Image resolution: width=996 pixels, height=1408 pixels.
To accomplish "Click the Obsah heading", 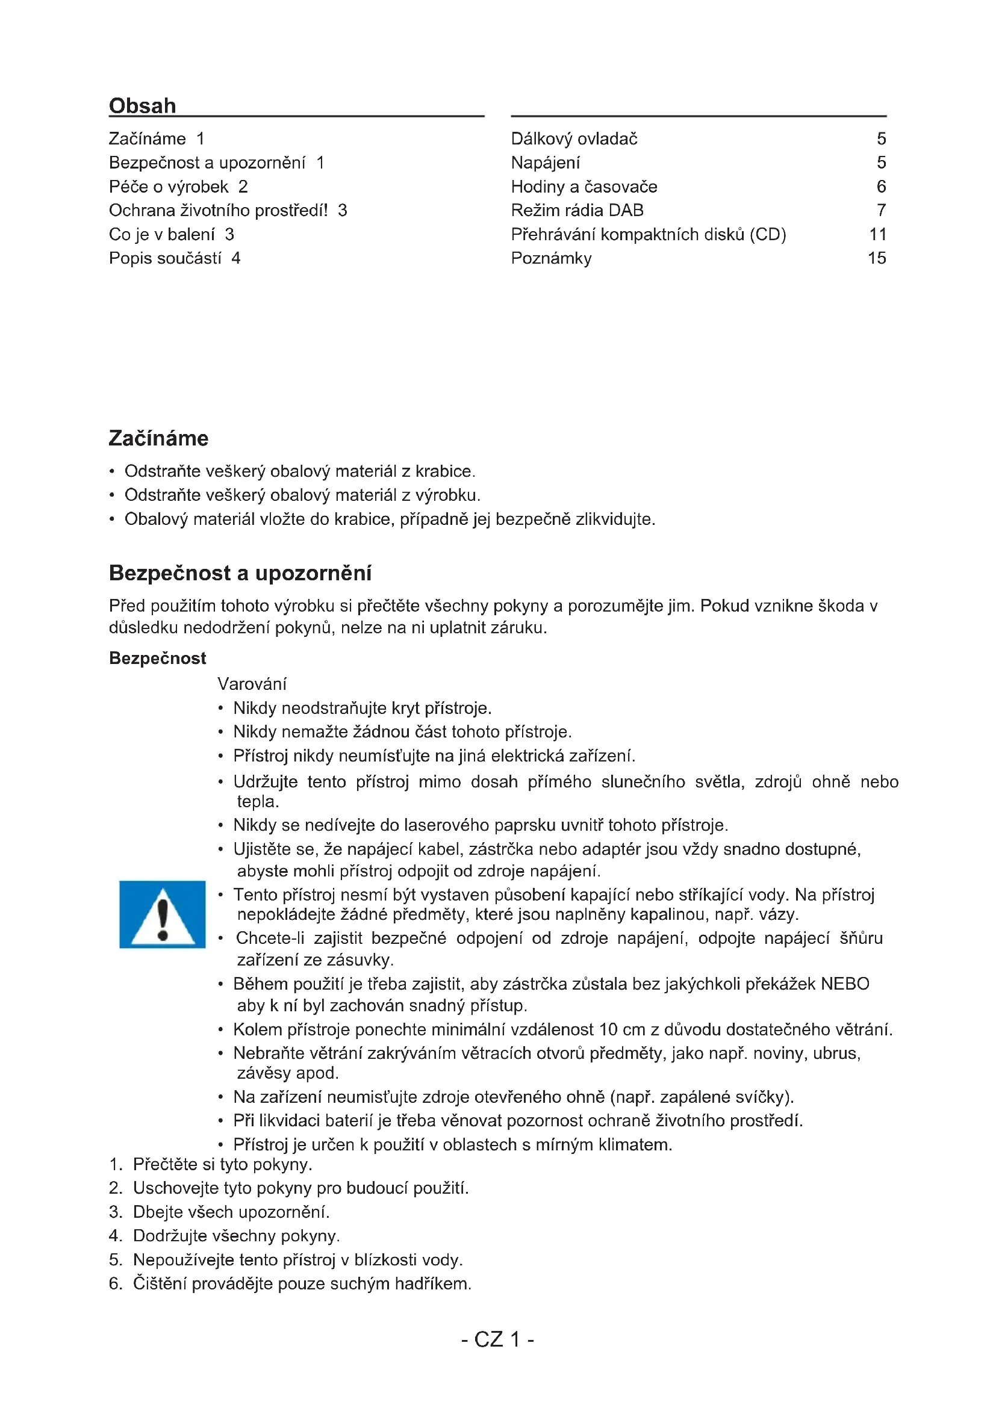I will click(142, 105).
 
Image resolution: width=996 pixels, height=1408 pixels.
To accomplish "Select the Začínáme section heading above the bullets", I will click(158, 438).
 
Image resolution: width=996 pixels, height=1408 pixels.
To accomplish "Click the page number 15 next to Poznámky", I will click(876, 258).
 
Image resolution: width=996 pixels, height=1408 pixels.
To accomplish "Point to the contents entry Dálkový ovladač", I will click(574, 139).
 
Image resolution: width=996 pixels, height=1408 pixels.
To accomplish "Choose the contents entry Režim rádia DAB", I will click(577, 210).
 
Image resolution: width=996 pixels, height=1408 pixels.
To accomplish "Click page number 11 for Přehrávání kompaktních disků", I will click(877, 234).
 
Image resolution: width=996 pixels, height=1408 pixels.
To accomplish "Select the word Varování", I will click(252, 684).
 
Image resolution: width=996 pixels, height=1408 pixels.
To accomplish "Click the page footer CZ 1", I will click(497, 1339).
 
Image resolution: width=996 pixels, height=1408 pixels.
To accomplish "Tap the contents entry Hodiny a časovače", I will click(584, 187).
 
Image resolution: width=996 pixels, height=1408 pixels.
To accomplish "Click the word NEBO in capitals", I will click(844, 984).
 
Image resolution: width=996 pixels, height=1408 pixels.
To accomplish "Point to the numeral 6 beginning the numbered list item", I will click(114, 1283).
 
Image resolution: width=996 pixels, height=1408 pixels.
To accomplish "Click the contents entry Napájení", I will click(545, 163).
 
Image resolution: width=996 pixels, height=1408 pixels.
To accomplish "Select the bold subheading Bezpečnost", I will click(158, 658).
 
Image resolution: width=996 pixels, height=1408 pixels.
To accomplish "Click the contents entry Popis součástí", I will click(165, 258).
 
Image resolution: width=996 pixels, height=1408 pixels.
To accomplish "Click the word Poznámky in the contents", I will click(552, 258).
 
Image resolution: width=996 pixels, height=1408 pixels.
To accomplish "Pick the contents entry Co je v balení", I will click(162, 234).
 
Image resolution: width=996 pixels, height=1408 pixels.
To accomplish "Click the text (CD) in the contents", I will click(768, 234).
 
